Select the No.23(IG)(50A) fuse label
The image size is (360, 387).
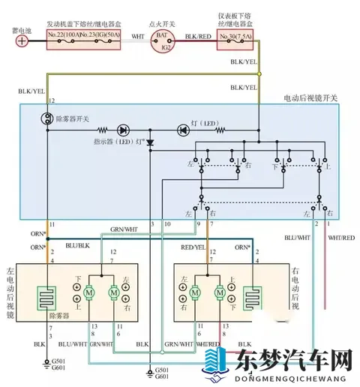[100, 35]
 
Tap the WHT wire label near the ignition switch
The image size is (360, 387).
[137, 34]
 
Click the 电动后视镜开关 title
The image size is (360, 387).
[309, 97]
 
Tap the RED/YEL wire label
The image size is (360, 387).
[194, 246]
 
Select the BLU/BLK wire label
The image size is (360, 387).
[77, 244]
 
